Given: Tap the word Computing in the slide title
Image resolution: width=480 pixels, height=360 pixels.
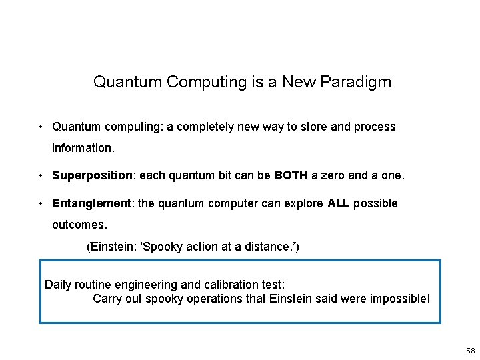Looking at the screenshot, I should (x=197, y=82).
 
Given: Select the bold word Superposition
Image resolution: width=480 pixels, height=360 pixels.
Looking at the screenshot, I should (x=93, y=175).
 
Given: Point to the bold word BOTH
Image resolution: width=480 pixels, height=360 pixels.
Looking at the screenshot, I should (x=291, y=175).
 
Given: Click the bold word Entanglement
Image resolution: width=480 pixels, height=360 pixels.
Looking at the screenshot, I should (x=93, y=203).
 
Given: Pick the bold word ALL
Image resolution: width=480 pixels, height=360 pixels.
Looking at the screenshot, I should (x=338, y=203).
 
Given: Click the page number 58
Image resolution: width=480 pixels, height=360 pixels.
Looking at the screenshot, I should (x=471, y=351).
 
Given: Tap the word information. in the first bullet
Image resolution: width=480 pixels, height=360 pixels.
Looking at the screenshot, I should (x=83, y=147).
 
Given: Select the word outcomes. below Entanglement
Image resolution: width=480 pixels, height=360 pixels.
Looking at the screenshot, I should (x=79, y=225).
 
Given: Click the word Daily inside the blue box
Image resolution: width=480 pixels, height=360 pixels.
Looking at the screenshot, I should (x=58, y=285).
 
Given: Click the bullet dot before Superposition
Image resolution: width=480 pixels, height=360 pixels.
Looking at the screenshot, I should (x=41, y=175).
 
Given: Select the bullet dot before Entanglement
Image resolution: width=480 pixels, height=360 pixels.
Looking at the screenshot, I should (x=41, y=203).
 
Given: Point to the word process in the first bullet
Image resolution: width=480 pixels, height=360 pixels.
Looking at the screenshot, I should (x=375, y=127).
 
